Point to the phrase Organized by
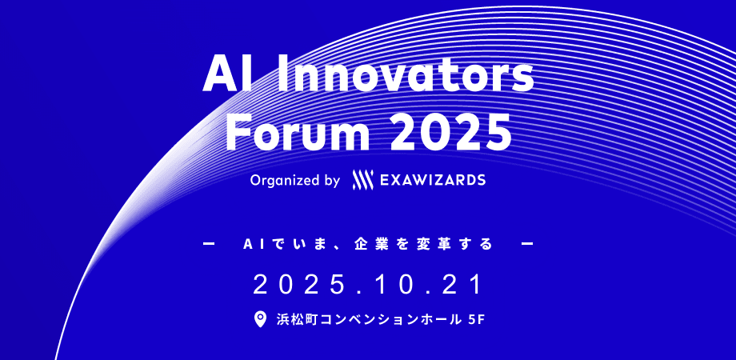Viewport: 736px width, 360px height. pos(295,181)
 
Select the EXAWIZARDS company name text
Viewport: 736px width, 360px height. pos(434,181)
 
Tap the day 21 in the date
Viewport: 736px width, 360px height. pos(464,284)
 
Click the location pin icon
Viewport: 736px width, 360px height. pos(259,320)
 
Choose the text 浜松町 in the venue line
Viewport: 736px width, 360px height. pos(294,320)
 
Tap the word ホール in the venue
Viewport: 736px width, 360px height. pos(434,320)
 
